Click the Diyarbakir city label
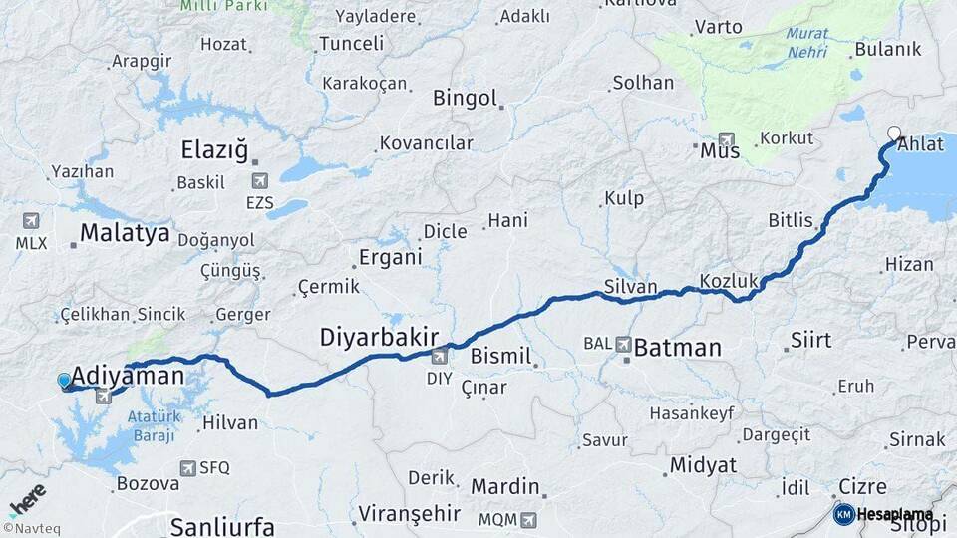(379, 337)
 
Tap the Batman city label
(677, 348)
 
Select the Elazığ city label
(213, 150)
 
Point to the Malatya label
(125, 234)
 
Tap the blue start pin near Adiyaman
(65, 381)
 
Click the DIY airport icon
(440, 356)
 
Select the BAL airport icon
(624, 344)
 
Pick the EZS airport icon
(260, 180)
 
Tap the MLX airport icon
(30, 221)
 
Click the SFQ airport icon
(188, 467)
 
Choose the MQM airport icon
(528, 519)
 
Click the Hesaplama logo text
(893, 515)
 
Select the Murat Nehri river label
(806, 41)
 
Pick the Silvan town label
(630, 287)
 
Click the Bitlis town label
(791, 220)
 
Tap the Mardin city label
(504, 488)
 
